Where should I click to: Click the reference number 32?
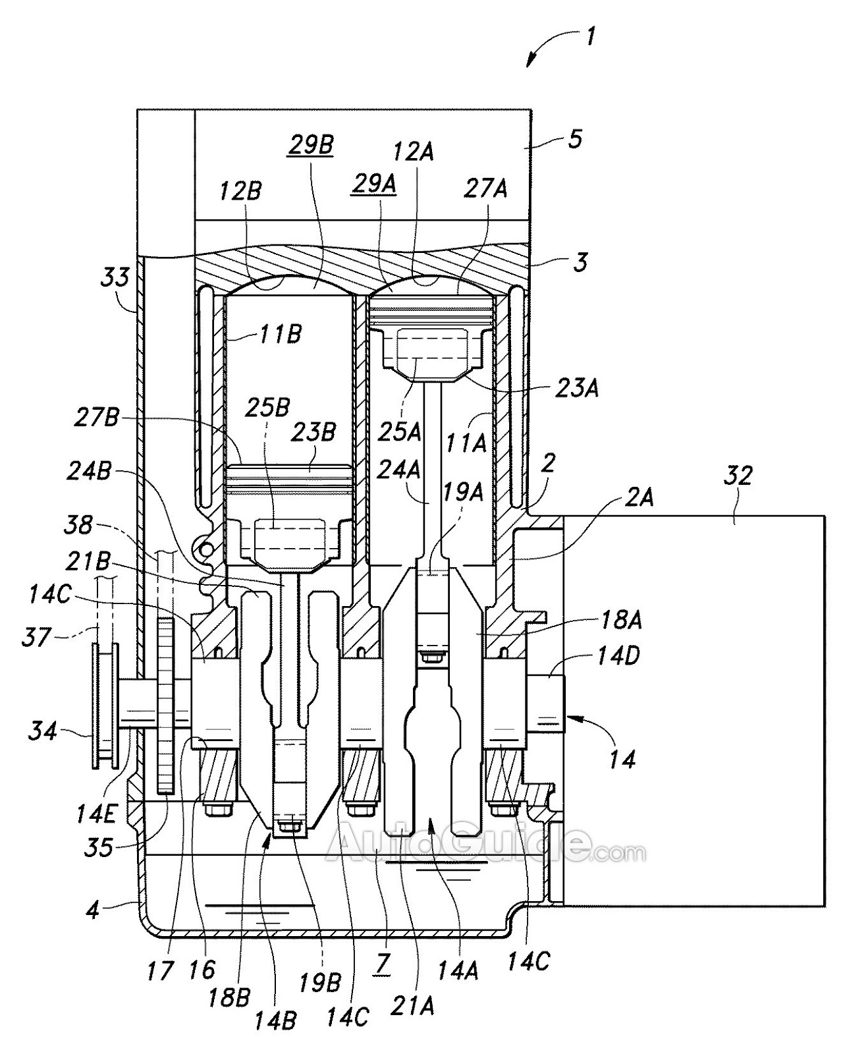[738, 475]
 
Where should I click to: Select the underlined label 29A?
[373, 184]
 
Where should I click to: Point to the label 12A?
[414, 152]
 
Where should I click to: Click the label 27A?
[485, 188]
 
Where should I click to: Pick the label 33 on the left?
[115, 277]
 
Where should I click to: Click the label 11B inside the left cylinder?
[280, 334]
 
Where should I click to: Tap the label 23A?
[576, 389]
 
